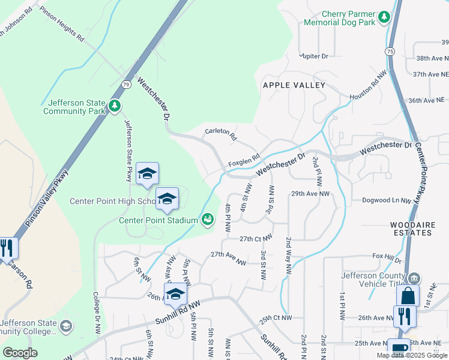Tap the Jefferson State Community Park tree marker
(x=115, y=107)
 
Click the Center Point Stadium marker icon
(x=208, y=220)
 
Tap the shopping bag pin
(x=408, y=296)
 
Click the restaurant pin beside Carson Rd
(x=7, y=247)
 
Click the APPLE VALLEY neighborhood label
(x=294, y=85)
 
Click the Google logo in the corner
(x=20, y=353)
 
